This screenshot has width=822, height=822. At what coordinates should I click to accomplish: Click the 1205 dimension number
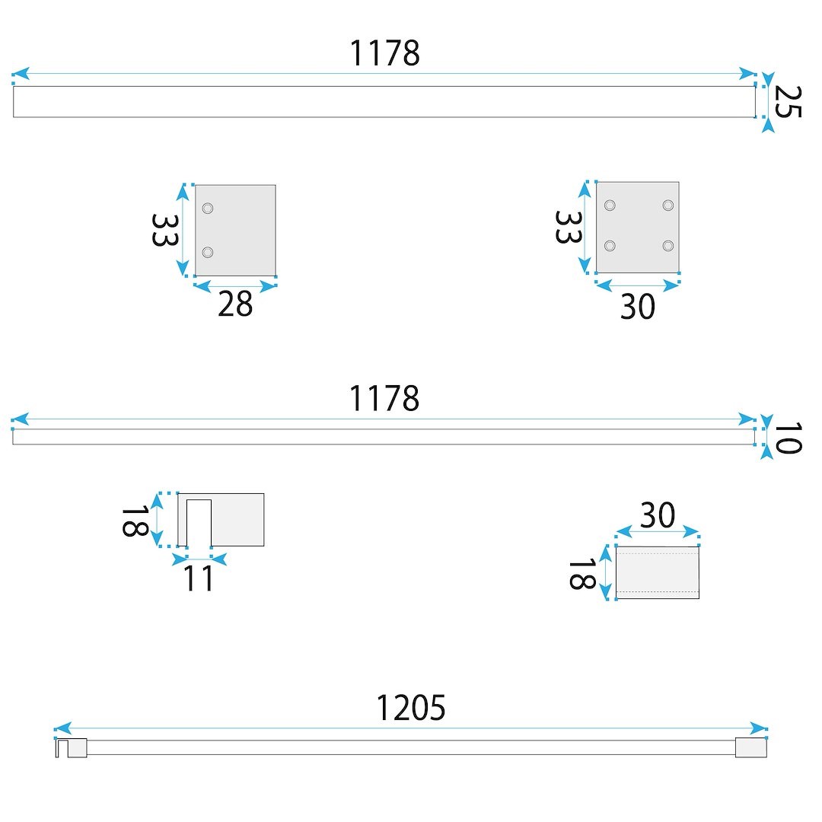click(x=411, y=708)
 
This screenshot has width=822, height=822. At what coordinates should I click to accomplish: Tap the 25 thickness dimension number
click(x=788, y=102)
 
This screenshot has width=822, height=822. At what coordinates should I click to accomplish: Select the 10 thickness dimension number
click(x=788, y=438)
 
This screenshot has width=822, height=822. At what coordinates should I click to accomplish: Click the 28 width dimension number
click(x=235, y=304)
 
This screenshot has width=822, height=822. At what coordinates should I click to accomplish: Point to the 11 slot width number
click(x=198, y=578)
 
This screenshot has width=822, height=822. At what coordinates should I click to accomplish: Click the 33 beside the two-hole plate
click(x=164, y=230)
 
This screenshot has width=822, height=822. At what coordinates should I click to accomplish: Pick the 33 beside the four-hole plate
click(x=569, y=227)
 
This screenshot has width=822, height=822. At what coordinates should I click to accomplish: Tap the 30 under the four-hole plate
click(x=638, y=306)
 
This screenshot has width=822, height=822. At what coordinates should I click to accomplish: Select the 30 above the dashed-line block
click(x=658, y=515)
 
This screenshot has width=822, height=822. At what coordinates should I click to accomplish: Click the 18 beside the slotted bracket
click(x=135, y=521)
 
